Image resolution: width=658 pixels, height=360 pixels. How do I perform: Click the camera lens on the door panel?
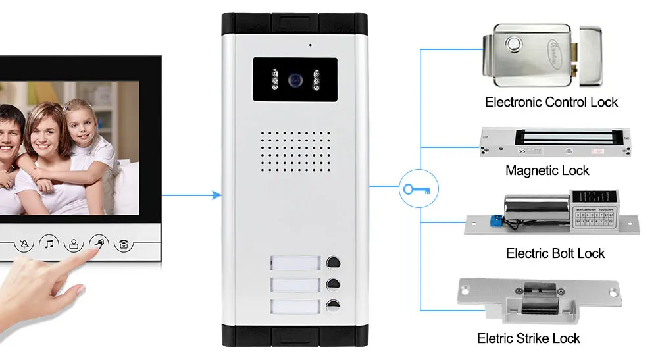295,81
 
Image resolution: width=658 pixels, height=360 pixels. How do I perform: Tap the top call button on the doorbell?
333,263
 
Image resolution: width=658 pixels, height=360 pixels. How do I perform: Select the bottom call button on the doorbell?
333,306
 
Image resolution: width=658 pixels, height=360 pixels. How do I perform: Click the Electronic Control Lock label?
551,102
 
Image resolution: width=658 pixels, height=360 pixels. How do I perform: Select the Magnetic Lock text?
547,170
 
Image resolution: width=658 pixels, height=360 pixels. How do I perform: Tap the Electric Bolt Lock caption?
555,253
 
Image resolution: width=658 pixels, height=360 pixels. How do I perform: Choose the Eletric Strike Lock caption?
528,338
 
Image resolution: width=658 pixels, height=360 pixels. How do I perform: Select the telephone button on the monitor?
123,245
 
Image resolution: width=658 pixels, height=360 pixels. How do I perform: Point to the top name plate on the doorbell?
295,264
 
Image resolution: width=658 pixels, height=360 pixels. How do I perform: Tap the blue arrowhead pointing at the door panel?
216,195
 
